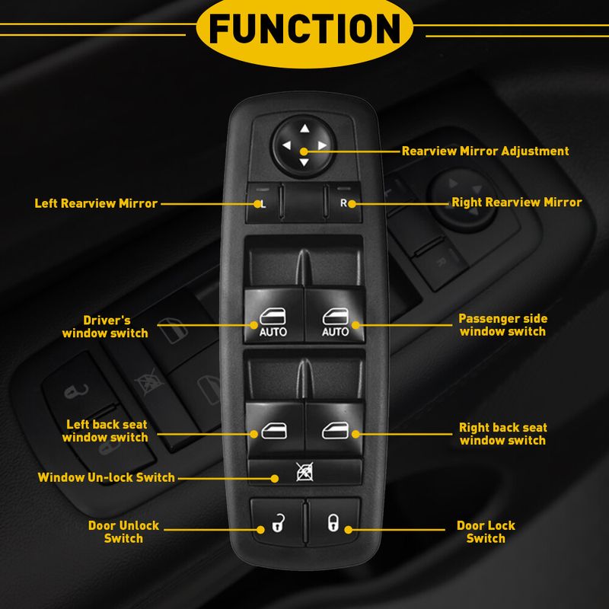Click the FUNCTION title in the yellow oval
click(x=304, y=28)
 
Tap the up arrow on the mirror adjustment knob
click(x=304, y=128)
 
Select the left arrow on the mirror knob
click(x=287, y=145)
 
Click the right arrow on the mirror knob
click(x=322, y=145)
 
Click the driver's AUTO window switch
click(x=273, y=315)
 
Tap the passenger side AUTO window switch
click(x=335, y=315)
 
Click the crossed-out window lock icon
click(x=304, y=471)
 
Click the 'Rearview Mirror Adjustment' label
click(x=485, y=151)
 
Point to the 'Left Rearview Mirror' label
click(x=96, y=203)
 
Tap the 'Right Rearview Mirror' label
click(x=517, y=202)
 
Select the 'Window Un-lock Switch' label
click(x=106, y=477)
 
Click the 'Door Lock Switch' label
click(x=486, y=531)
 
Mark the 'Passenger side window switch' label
click(x=503, y=325)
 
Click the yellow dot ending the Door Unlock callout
click(x=261, y=529)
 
